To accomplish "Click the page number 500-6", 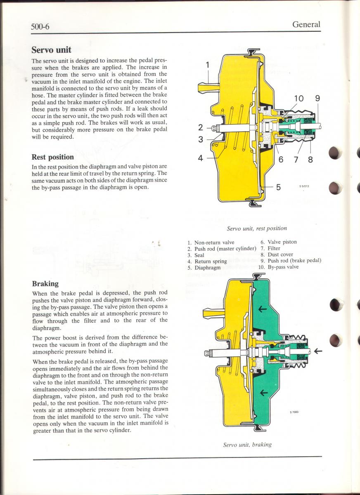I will click(43, 27).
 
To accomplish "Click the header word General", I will click(306, 24).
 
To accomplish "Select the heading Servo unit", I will click(52, 50).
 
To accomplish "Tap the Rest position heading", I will click(53, 157).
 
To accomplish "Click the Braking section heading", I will click(45, 284).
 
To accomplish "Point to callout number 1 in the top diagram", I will click(208, 64).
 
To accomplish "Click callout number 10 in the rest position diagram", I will click(298, 99).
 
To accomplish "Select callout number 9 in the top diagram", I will click(317, 99).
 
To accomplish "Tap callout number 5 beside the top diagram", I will click(278, 187).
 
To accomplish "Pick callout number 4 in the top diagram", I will click(201, 158).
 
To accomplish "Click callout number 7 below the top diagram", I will click(296, 160).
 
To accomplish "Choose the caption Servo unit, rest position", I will click(257, 228).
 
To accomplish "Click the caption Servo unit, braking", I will click(247, 445).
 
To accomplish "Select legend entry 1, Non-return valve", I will click(211, 243).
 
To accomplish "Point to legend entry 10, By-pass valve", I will click(278, 267).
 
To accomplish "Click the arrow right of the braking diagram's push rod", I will click(318, 351).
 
